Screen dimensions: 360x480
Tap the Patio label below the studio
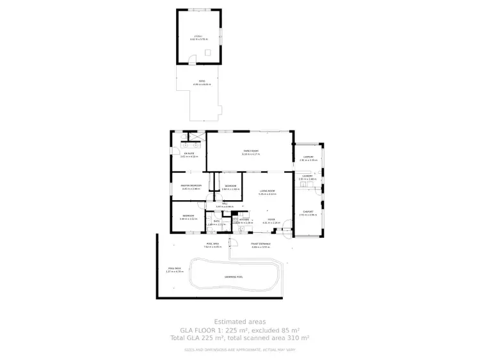202,82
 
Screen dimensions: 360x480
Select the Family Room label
250,152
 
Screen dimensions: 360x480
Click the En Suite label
189,154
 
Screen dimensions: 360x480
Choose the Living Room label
267,192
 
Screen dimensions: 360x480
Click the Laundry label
307,176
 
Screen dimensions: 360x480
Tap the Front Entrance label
260,244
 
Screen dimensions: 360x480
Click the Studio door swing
191,60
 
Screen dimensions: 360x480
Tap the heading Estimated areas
239,322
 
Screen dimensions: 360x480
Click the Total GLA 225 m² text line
239,337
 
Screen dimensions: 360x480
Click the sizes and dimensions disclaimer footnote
239,349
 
